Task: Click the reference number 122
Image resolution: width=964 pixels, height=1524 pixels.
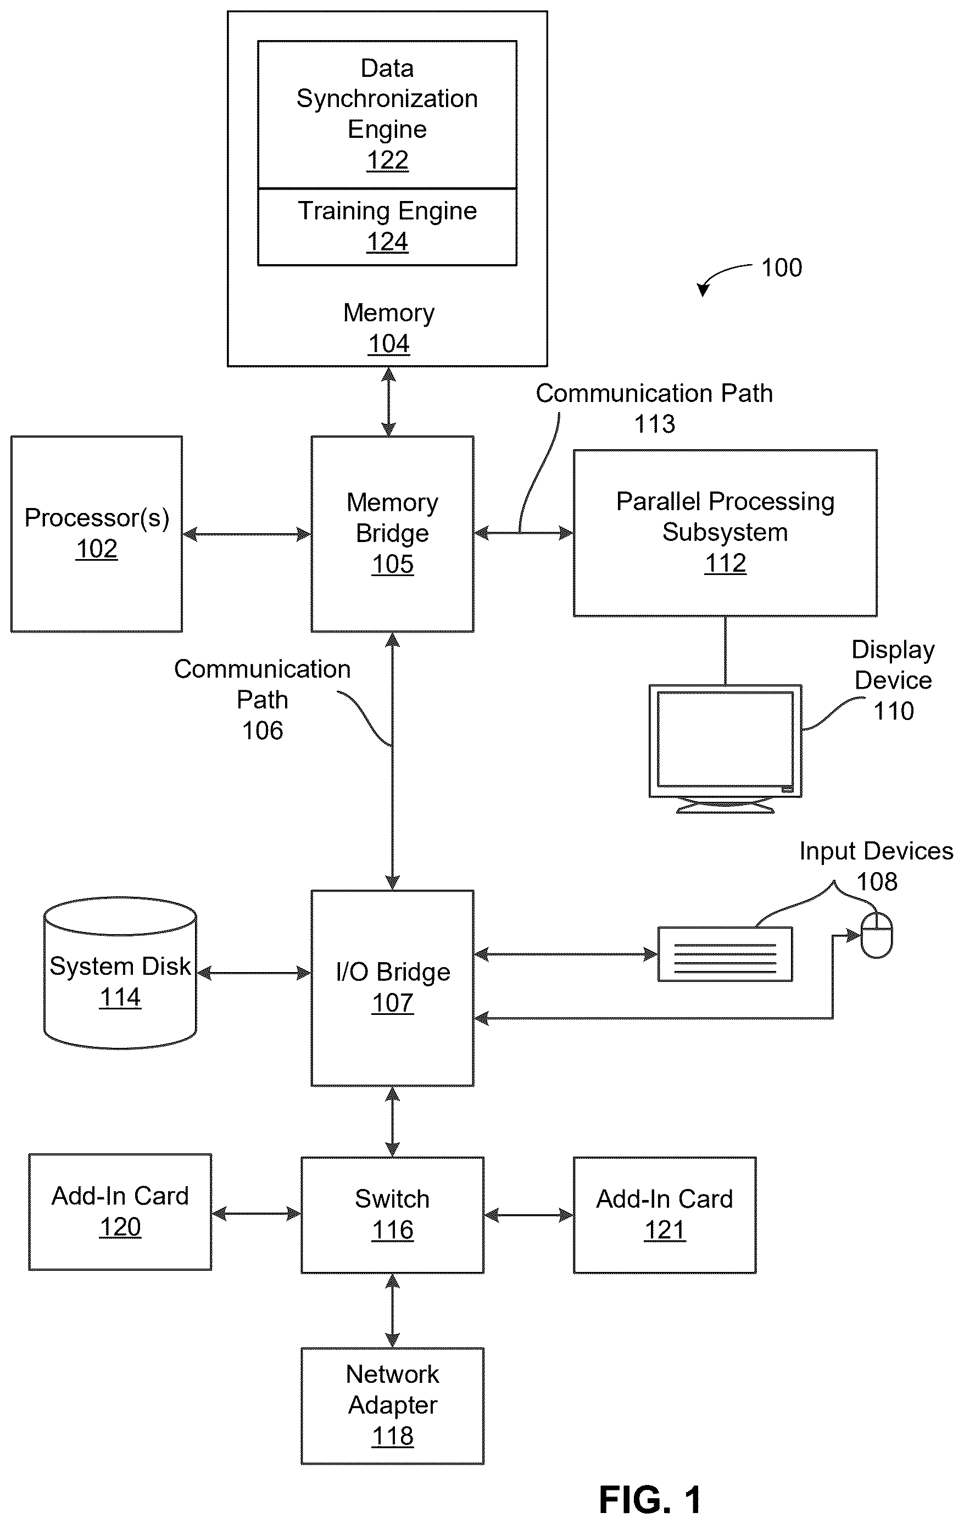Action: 387,160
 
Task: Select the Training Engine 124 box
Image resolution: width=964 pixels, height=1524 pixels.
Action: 387,227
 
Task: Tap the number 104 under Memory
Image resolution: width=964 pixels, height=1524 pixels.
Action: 389,344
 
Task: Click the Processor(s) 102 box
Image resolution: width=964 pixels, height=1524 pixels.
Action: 97,533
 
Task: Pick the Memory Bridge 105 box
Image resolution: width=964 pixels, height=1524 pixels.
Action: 392,533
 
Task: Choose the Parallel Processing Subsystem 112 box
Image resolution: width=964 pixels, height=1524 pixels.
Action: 726,533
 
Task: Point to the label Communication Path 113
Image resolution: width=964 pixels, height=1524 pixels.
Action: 655,408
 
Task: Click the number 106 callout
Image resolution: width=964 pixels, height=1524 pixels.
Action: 263,730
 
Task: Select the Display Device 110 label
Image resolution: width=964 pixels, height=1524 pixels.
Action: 893,680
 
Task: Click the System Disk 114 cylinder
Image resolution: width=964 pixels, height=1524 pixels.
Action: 120,972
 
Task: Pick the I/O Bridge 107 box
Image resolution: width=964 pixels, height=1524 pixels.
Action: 392,988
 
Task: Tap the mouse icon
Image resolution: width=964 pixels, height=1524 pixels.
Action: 877,935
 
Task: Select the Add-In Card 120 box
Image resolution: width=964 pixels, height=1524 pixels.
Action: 120,1212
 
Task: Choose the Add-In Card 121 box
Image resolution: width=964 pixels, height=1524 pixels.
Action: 665,1215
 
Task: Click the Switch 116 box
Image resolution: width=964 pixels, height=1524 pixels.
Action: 392,1215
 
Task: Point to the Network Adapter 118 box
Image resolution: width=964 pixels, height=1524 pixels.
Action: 392,1405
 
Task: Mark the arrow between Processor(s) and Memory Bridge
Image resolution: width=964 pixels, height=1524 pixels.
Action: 247,535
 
